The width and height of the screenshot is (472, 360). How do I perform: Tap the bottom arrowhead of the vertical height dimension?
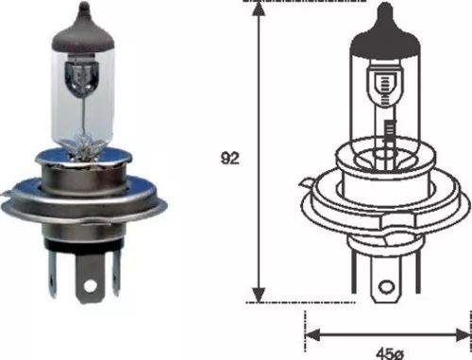(258, 294)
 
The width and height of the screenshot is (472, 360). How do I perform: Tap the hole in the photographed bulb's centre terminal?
(91, 283)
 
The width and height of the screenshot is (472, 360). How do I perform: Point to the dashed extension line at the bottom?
(283, 302)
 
